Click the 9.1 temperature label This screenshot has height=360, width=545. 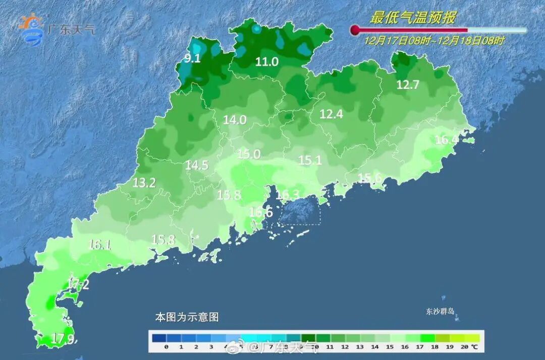192,59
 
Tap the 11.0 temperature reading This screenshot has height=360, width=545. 267,62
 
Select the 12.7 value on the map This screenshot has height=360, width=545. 408,85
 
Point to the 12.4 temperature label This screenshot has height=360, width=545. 331,115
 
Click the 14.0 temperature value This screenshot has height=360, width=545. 235,120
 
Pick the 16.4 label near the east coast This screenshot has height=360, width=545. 447,140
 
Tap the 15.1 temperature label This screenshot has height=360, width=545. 310,161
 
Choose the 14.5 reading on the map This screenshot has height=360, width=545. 197,165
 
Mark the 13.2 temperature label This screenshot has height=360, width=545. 144,183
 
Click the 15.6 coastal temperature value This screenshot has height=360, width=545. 369,178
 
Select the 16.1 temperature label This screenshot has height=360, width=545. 99,245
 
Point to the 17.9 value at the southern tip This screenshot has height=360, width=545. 63,339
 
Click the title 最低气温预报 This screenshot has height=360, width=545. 413,18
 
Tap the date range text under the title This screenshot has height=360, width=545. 434,41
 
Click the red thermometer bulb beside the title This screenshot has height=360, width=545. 355,30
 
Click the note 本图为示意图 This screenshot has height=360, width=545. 187,318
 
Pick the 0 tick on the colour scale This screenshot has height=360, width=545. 166,347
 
